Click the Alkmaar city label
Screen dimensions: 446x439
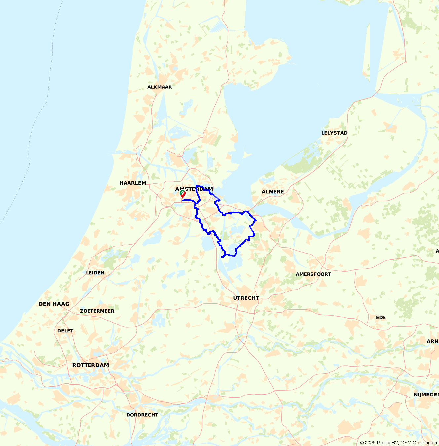pyautogui.click(x=160, y=87)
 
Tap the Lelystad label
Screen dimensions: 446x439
pyautogui.click(x=334, y=133)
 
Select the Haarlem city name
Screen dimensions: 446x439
pyautogui.click(x=133, y=183)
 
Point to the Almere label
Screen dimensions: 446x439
pyautogui.click(x=273, y=192)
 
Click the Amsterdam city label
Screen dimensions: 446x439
pyautogui.click(x=194, y=189)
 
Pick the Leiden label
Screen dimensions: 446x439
pyautogui.click(x=95, y=273)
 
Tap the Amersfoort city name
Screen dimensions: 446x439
pyautogui.click(x=313, y=274)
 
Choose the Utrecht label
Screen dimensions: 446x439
pyautogui.click(x=246, y=298)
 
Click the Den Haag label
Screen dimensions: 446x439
pyautogui.click(x=54, y=304)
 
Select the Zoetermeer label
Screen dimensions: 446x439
pyautogui.click(x=97, y=311)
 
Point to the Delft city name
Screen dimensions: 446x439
pyautogui.click(x=65, y=331)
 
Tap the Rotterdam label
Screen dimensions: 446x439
pyautogui.click(x=91, y=365)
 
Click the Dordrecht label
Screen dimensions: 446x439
pyautogui.click(x=142, y=415)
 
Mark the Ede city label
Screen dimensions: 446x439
pyautogui.click(x=381, y=317)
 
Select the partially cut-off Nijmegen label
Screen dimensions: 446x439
pyautogui.click(x=426, y=395)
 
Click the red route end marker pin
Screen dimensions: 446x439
pyautogui.click(x=183, y=195)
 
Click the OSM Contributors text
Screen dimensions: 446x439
pyautogui.click(x=419, y=443)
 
